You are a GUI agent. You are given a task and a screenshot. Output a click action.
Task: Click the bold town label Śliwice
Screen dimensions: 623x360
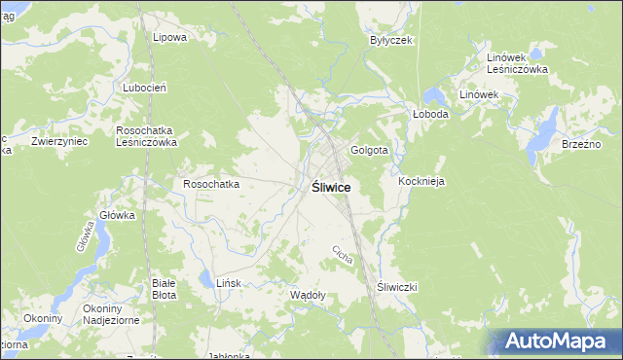click(332, 187)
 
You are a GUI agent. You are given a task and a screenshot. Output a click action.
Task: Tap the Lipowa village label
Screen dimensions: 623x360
click(169, 37)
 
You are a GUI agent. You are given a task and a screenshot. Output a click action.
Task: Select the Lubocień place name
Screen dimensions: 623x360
click(146, 87)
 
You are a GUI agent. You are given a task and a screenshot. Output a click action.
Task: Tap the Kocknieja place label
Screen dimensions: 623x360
click(421, 181)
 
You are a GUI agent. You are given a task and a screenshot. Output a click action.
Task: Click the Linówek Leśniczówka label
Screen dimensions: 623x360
click(518, 63)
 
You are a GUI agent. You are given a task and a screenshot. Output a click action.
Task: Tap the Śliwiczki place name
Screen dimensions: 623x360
click(396, 287)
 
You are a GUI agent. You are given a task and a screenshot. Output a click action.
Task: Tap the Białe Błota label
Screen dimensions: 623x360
click(164, 288)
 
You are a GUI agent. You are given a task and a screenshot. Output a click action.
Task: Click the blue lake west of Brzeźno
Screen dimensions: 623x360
click(544, 126)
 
